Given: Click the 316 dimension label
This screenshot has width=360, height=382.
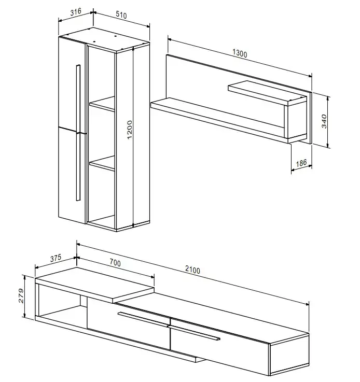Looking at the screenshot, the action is click(x=76, y=12).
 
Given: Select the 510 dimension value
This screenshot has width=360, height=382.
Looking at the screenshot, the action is click(x=121, y=15).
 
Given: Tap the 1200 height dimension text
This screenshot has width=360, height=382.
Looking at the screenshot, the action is click(x=130, y=130).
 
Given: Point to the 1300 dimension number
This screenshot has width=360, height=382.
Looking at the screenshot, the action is click(x=240, y=53).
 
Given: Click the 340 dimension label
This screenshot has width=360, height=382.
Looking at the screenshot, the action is click(x=324, y=121).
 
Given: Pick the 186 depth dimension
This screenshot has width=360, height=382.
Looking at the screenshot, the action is click(x=301, y=163).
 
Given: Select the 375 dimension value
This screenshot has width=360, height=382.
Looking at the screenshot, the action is click(x=56, y=258).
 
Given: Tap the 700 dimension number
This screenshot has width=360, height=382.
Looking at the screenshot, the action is click(x=115, y=263).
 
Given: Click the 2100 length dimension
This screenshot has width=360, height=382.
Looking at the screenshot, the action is click(x=192, y=270).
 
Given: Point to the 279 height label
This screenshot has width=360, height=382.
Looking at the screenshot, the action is click(x=21, y=296).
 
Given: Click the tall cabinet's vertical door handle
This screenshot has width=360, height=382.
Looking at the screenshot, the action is click(x=78, y=133).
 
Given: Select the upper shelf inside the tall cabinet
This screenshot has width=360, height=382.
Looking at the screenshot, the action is click(x=102, y=104).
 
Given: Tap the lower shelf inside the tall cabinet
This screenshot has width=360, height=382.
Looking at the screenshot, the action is click(x=102, y=163).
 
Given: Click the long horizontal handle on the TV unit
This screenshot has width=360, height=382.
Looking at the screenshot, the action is click(x=169, y=326).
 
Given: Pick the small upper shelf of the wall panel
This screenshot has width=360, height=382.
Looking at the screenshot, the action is click(x=267, y=93).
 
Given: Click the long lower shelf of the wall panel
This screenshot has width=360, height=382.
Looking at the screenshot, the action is click(x=219, y=121).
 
